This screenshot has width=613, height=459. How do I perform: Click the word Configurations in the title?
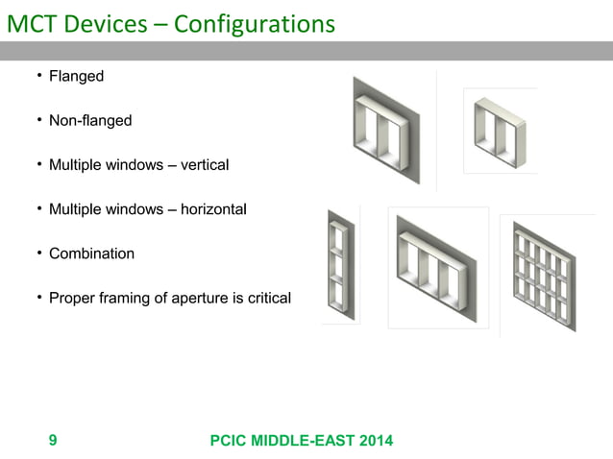click(x=255, y=23)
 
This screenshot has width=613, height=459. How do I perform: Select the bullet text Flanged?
click(x=76, y=76)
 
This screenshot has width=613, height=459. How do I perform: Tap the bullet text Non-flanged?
click(x=90, y=121)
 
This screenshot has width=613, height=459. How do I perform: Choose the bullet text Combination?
click(x=91, y=254)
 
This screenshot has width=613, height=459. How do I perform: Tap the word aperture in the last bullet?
click(x=201, y=299)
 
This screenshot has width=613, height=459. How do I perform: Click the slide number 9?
click(x=52, y=441)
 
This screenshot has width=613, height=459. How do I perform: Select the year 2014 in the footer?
click(x=374, y=441)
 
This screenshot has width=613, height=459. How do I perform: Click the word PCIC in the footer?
click(x=230, y=441)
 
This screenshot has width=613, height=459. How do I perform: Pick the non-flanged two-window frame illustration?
click(x=501, y=132)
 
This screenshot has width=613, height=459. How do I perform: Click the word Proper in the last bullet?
click(x=73, y=299)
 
